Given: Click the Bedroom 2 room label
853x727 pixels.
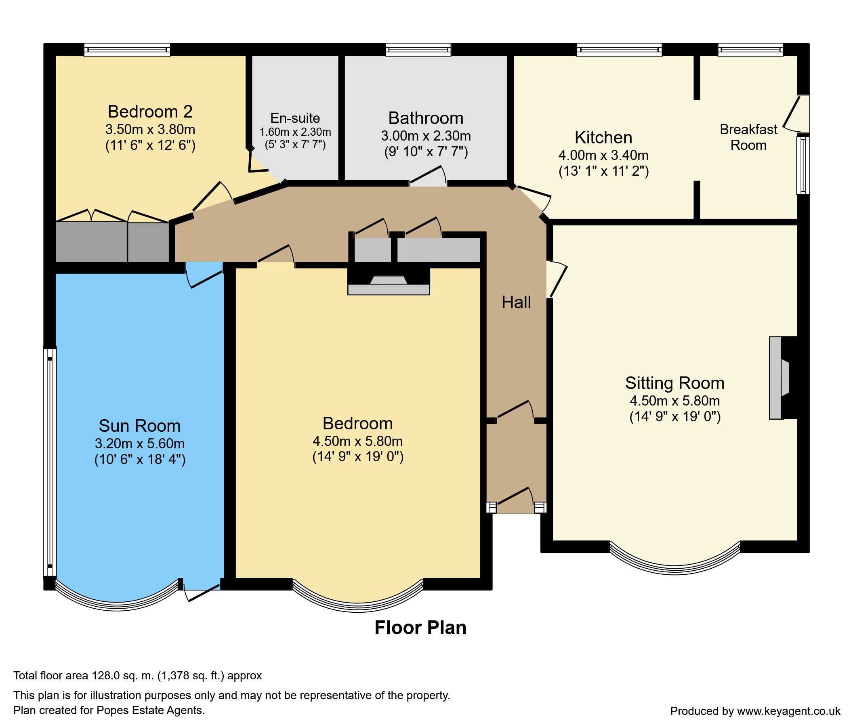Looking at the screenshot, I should pyautogui.click(x=150, y=111).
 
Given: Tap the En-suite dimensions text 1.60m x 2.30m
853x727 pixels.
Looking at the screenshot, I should pyautogui.click(x=295, y=132).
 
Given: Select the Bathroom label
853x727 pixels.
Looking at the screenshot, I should pyautogui.click(x=426, y=118).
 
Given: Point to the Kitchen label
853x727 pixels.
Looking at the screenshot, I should pyautogui.click(x=603, y=137).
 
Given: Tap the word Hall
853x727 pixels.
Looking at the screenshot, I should pyautogui.click(x=516, y=303).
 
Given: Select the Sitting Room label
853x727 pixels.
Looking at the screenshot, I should pyautogui.click(x=674, y=383).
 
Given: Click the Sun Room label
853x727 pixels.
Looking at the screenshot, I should pyautogui.click(x=140, y=426).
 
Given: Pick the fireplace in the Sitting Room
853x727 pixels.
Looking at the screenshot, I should pyautogui.click(x=779, y=378).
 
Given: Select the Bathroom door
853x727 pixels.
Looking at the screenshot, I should pyautogui.click(x=427, y=176).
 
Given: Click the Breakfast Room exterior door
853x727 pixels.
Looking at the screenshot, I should pyautogui.click(x=796, y=113).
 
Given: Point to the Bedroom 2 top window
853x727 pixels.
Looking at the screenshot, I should pyautogui.click(x=127, y=50).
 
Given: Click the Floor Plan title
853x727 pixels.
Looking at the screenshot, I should pyautogui.click(x=420, y=628).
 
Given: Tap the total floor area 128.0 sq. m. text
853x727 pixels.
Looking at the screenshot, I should pyautogui.click(x=137, y=676).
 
